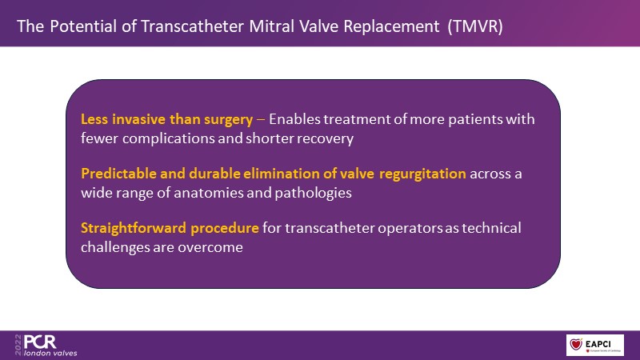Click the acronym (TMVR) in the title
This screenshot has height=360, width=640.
475,26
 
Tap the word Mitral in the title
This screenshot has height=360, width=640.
271,26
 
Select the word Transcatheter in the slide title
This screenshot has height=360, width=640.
193,26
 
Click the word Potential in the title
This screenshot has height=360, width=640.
83,26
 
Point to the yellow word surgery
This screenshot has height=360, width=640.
228,119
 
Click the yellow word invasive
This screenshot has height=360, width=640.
138,119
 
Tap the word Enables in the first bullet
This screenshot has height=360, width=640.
294,119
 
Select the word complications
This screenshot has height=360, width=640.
169,138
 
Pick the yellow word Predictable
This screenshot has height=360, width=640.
118,174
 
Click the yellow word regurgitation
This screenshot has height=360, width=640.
422,174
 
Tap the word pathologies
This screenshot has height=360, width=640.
313,193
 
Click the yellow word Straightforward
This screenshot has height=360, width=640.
134,228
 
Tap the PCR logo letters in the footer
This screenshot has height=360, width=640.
40,342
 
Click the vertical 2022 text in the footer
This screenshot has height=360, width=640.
18,345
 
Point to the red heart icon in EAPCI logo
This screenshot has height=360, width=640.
576,344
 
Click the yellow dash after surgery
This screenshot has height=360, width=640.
261,120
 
